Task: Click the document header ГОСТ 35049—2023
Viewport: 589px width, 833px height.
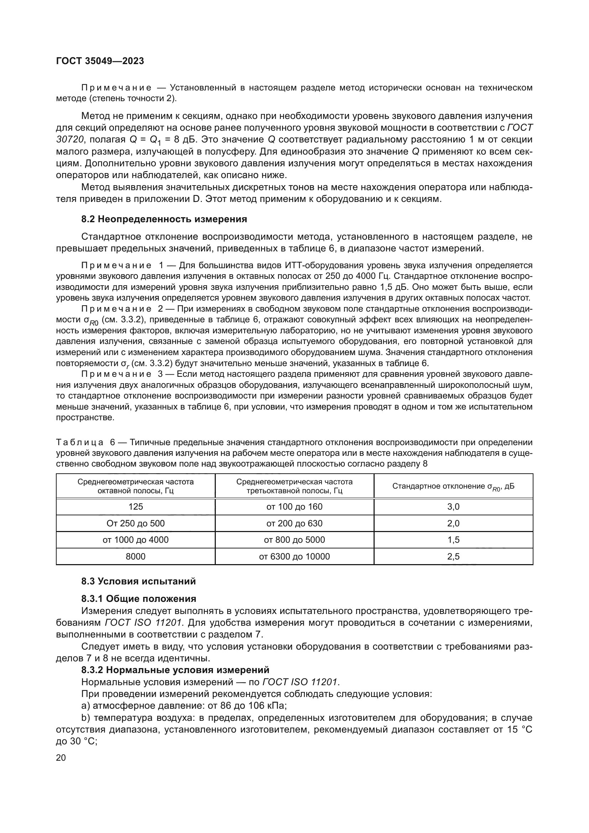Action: (100, 61)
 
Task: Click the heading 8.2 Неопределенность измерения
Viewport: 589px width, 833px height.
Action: (164, 219)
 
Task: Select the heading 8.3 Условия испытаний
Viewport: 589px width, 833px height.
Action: (138, 581)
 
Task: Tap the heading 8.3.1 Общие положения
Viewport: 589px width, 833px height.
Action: (139, 599)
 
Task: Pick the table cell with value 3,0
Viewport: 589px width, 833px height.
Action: (453, 507)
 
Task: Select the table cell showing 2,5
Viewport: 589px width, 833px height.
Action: (453, 557)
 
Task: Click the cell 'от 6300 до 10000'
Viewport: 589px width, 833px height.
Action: (294, 557)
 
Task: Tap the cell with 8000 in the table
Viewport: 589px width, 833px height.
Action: (135, 557)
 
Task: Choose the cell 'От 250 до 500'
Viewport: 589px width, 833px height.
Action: (135, 524)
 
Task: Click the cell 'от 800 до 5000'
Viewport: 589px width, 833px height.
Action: (294, 540)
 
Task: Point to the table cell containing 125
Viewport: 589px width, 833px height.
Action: (135, 507)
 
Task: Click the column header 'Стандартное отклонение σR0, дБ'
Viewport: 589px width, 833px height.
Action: (453, 486)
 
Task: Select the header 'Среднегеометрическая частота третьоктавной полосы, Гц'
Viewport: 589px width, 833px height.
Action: (294, 486)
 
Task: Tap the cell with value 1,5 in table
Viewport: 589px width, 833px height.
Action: (453, 540)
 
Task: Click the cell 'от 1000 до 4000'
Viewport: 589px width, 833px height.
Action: (135, 540)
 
